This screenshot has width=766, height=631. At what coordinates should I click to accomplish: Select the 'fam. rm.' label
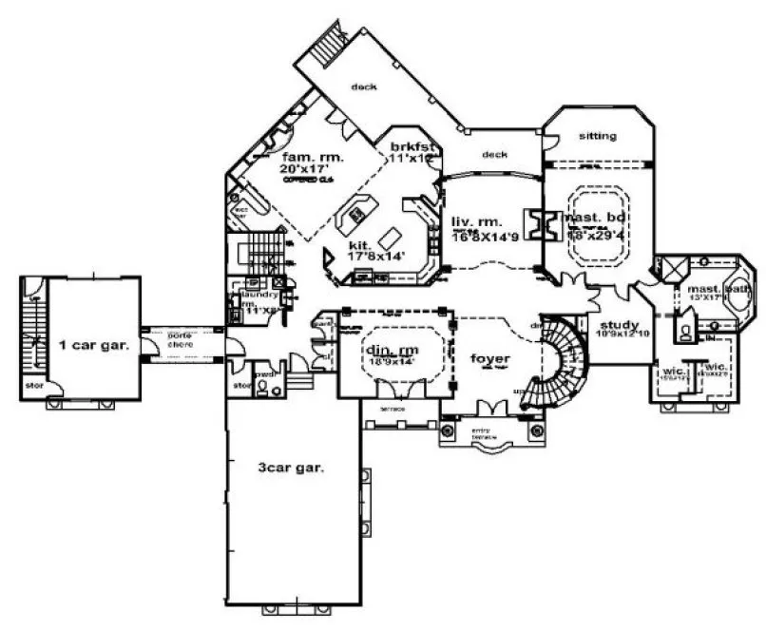[311, 154]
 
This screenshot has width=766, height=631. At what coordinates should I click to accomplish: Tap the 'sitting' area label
[597, 136]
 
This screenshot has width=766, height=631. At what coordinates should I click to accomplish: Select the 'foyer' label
[491, 357]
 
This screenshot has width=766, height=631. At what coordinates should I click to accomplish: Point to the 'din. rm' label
[393, 349]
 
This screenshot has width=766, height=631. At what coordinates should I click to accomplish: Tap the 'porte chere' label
[180, 339]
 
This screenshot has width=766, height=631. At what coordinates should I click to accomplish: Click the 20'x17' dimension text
[304, 167]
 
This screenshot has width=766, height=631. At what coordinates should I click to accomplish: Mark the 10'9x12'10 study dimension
[622, 335]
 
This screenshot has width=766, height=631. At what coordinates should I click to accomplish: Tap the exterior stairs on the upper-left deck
[333, 44]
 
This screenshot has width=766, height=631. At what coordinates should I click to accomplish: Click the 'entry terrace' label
[489, 433]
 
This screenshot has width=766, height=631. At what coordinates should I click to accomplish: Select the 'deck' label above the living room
[493, 154]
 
